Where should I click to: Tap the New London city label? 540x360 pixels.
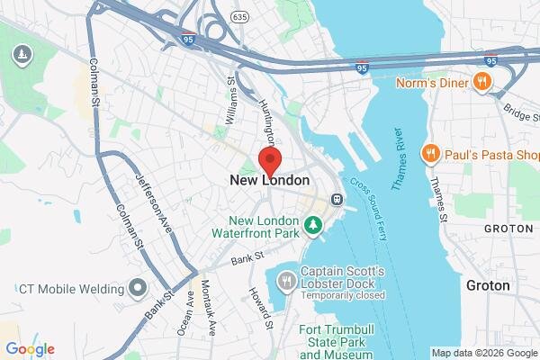coord(270,180)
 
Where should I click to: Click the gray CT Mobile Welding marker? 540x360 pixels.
coord(137,289)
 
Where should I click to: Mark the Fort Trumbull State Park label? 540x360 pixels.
coord(328,340)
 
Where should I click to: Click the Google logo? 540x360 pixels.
coord(31,349)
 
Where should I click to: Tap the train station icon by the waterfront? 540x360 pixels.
coord(336,198)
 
